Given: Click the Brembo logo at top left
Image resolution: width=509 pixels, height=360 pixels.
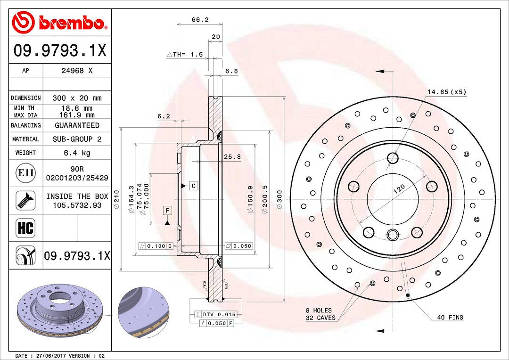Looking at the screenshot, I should (59, 22).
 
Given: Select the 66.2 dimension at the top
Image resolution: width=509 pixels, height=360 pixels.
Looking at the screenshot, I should (200, 20).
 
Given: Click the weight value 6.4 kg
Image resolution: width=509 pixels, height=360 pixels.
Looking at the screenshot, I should (77, 153).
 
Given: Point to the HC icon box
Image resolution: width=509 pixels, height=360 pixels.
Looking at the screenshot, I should (25, 229).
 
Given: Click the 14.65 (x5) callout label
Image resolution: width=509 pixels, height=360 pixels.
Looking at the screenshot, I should (446, 92).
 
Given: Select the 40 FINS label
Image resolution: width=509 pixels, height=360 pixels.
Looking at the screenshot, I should (450, 318).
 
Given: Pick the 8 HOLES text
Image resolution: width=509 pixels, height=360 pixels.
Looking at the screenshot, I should (319, 311).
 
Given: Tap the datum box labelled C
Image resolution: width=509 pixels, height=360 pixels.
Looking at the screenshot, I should (193, 186).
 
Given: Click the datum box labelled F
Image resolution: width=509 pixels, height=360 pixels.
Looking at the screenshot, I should (167, 210).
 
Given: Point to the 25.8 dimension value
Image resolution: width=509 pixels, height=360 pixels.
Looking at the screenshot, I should (232, 156).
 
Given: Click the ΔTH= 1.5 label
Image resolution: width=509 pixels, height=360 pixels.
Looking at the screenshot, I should (185, 55).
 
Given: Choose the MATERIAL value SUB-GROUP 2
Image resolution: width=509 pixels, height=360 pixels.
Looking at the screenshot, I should (77, 139).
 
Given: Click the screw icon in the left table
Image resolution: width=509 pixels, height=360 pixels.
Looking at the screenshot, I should (25, 200).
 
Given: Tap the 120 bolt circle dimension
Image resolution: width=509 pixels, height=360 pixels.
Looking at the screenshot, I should (399, 189).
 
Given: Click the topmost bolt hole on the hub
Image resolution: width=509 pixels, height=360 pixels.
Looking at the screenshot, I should (393, 158).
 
